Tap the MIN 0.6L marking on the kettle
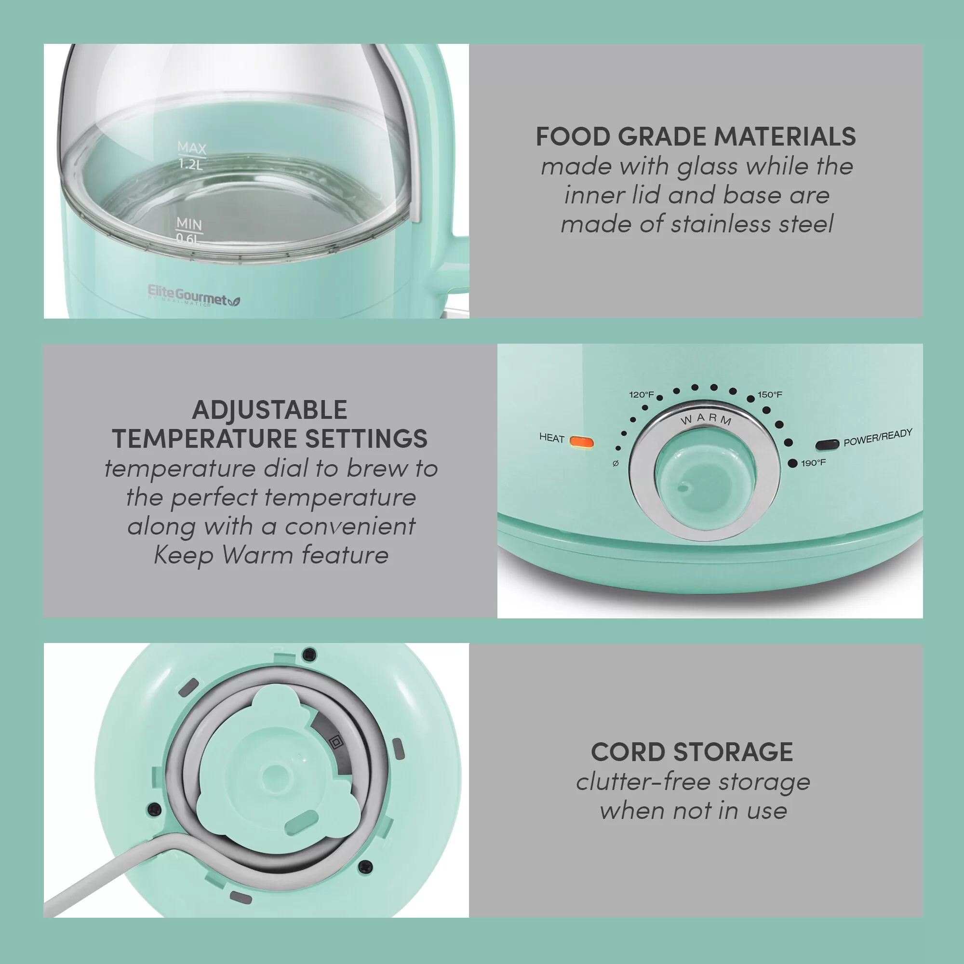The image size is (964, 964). (x=189, y=231)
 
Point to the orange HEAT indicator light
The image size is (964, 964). (x=582, y=442)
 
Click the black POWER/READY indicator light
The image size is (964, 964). (x=827, y=444)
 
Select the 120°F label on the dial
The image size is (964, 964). (x=641, y=395)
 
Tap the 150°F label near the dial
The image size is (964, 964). (x=770, y=395)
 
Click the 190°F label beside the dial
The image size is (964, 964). (x=813, y=463)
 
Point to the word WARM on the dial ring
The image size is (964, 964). (x=706, y=419)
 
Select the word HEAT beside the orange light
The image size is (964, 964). (x=551, y=438)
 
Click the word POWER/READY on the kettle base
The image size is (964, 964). (x=878, y=437)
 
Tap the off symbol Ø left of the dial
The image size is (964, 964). (x=616, y=464)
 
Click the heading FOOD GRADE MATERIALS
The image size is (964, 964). (x=696, y=137)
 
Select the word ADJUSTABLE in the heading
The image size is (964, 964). (x=270, y=410)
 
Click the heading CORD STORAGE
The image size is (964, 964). (x=692, y=752)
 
